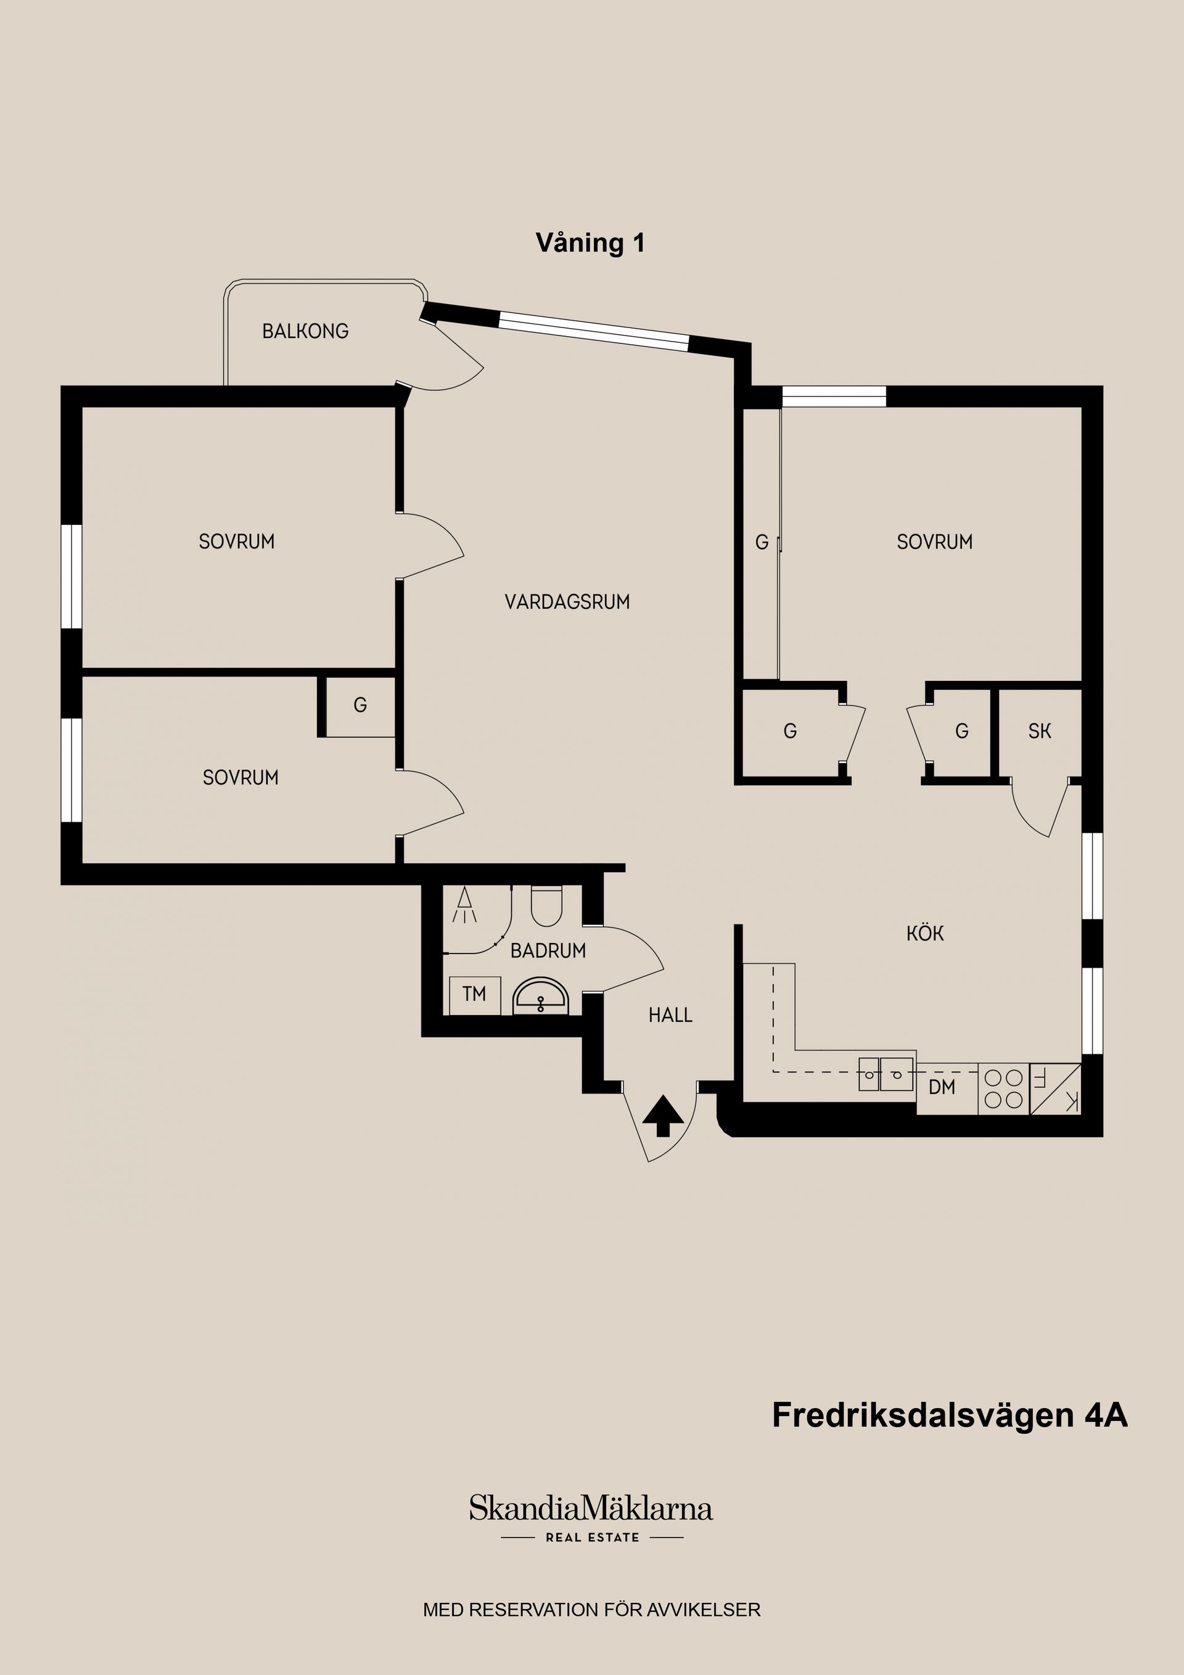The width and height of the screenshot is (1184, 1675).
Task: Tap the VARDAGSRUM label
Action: (567, 602)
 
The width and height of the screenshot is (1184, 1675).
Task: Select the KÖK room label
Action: (925, 933)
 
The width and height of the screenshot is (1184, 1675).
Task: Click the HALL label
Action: (670, 1014)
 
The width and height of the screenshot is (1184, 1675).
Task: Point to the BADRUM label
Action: (548, 950)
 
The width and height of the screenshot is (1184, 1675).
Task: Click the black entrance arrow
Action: (662, 1115)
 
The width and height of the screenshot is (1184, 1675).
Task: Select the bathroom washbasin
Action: (541, 997)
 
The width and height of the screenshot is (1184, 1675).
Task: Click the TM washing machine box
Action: (474, 994)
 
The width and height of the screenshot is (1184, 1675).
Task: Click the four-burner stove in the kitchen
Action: (1003, 1089)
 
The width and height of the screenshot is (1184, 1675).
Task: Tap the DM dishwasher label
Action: (942, 1088)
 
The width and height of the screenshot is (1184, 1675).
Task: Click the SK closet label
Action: (1040, 731)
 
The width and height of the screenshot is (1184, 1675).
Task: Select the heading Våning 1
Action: (590, 243)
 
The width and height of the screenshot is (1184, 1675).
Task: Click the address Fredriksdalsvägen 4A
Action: (949, 1415)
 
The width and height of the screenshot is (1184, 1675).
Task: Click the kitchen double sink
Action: (886, 1073)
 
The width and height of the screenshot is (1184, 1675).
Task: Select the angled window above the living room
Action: (594, 332)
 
